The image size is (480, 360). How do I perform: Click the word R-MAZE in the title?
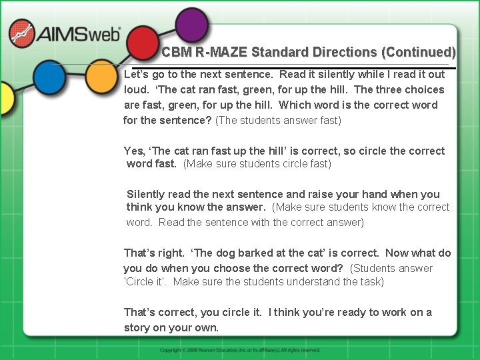(219, 52)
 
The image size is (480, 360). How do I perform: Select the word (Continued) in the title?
(419, 52)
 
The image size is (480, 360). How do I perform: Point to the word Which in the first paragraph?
(295, 105)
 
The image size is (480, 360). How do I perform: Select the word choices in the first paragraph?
(422, 89)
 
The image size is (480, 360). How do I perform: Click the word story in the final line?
(137, 327)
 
